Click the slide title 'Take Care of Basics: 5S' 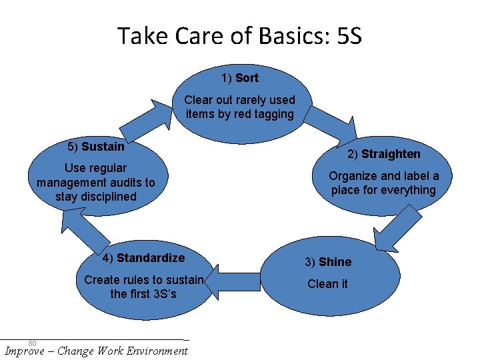(239, 35)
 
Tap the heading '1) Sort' (239, 78)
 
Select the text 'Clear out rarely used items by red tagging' (239, 107)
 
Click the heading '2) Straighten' (383, 154)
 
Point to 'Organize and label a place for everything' (383, 183)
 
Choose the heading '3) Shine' (327, 262)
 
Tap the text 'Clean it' (327, 284)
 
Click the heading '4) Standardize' (143, 258)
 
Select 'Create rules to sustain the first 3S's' (143, 287)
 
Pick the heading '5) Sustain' (96, 147)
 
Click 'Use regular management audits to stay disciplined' (96, 182)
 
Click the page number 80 (32, 343)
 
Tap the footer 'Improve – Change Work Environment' (96, 351)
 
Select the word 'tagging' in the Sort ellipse (273, 114)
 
